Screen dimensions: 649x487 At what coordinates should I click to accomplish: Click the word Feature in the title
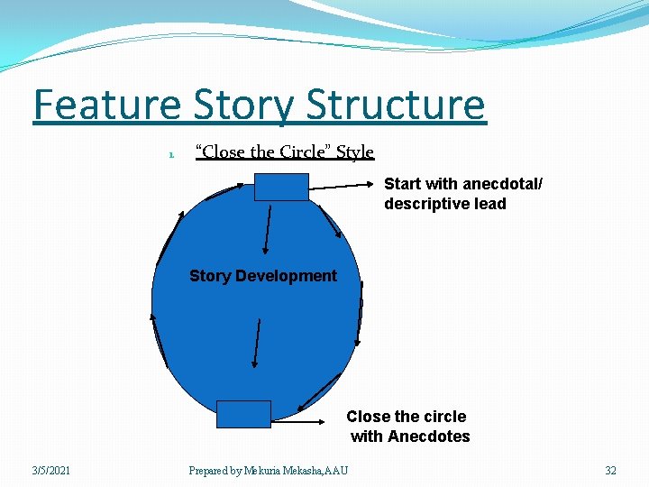(106, 106)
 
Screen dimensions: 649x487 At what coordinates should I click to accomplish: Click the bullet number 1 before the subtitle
(169, 154)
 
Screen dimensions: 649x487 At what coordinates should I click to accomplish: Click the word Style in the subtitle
(355, 152)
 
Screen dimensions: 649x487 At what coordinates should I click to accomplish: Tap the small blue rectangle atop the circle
(280, 187)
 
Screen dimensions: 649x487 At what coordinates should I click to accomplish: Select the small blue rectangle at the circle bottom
(243, 414)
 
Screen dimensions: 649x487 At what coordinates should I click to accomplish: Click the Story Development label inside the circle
(262, 276)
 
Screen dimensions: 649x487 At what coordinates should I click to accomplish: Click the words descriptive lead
(445, 204)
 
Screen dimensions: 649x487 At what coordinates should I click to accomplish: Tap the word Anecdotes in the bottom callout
(428, 436)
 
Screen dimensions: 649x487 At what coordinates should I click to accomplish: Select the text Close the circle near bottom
(407, 417)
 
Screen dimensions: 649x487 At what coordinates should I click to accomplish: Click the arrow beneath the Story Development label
(258, 343)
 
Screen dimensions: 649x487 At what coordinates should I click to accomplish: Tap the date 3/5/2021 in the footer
(52, 470)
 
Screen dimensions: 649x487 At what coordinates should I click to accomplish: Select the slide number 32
(610, 470)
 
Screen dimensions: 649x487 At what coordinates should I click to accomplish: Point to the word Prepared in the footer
(208, 470)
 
